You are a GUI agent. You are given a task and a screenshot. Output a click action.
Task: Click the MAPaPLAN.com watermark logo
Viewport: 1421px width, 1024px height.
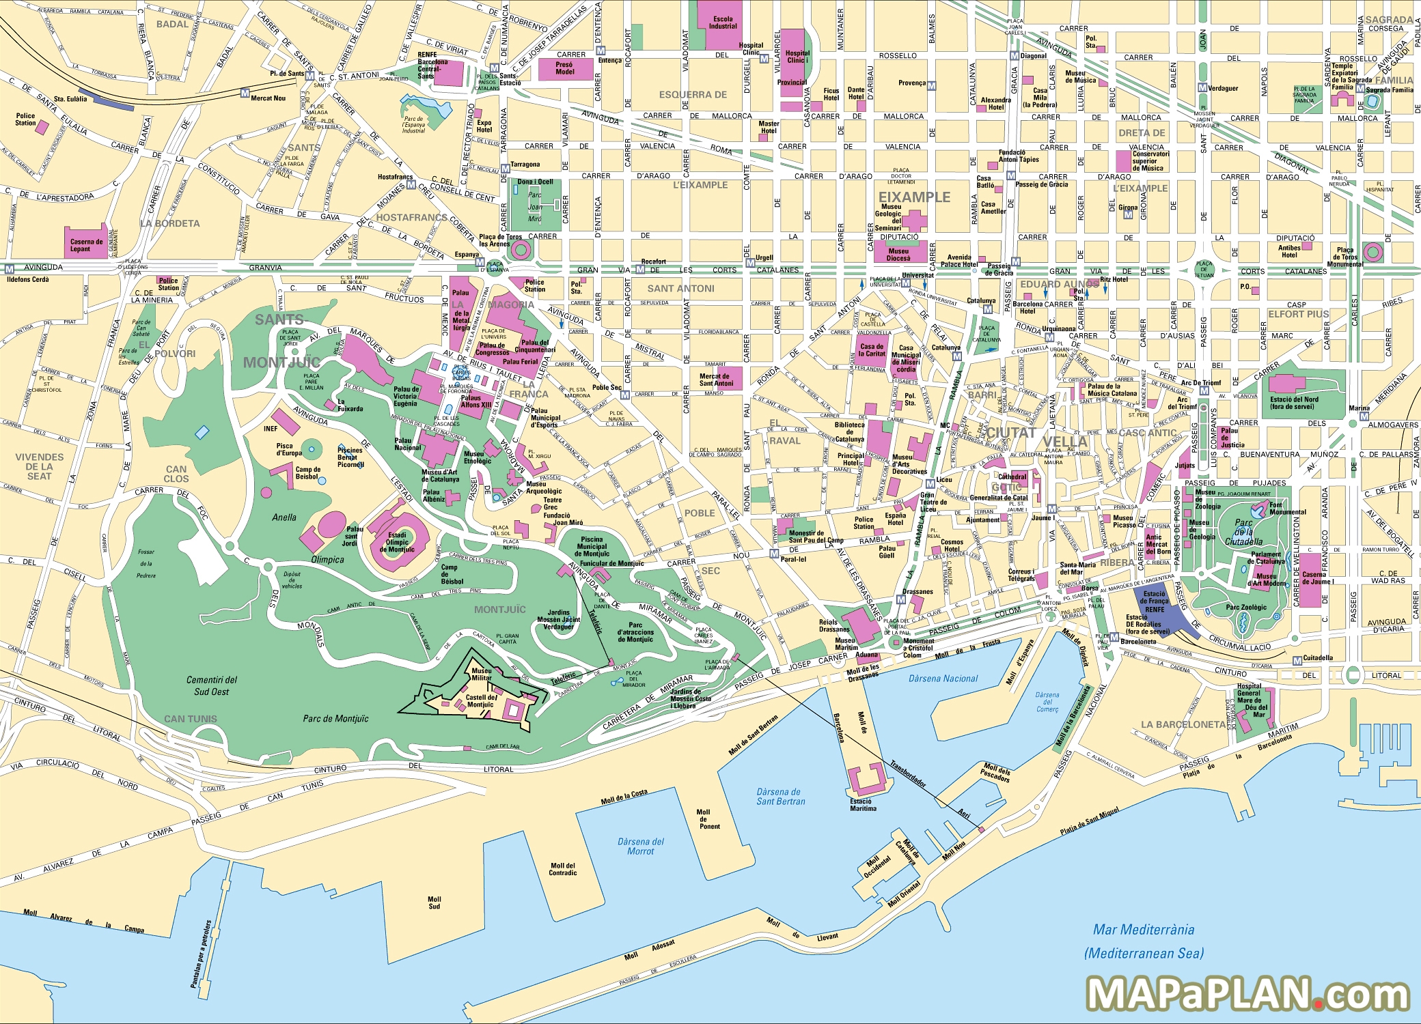(x=1247, y=993)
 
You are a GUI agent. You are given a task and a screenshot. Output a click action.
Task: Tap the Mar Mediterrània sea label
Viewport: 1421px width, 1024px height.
(x=1144, y=929)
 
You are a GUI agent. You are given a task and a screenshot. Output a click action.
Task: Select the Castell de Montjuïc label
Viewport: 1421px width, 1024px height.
(x=481, y=700)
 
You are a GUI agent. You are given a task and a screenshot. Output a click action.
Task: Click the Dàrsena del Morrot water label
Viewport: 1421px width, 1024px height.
(x=640, y=847)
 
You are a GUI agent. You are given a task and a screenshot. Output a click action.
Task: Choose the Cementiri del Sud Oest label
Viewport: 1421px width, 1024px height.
(x=212, y=685)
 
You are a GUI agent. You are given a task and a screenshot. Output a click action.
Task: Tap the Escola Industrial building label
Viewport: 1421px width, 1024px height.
(x=722, y=23)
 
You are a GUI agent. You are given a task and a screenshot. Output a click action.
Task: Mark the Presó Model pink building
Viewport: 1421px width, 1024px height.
(x=564, y=68)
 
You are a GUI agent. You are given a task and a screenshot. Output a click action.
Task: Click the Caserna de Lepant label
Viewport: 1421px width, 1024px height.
(x=86, y=245)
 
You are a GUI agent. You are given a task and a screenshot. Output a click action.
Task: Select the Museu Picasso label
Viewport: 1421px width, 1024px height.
(x=1124, y=522)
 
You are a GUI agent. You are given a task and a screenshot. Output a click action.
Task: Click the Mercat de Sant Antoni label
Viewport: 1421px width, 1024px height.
(x=715, y=380)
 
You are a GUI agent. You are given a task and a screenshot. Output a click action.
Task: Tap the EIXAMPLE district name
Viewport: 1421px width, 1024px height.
(x=914, y=197)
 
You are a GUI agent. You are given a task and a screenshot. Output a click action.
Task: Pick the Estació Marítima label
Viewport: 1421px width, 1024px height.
(x=862, y=805)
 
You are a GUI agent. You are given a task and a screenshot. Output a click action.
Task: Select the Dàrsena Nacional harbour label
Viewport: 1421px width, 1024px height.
(x=943, y=679)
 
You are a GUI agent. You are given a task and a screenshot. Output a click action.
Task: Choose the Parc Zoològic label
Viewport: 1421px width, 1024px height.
(x=1246, y=607)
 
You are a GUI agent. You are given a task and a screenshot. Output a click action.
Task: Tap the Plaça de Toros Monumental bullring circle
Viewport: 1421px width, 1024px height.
(x=1372, y=253)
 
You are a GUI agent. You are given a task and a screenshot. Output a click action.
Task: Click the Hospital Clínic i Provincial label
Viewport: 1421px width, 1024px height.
(x=795, y=67)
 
